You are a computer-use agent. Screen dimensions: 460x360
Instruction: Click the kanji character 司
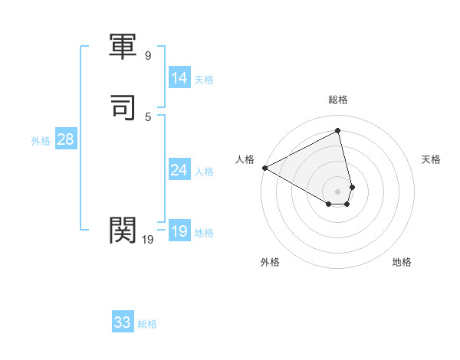coord(123,107)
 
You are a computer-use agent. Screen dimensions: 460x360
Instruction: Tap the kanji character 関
coord(123,228)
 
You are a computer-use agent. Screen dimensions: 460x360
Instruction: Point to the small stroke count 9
coord(148,56)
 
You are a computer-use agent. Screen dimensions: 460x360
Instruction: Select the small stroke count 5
coord(148,116)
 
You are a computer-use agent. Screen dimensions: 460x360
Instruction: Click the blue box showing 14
coord(179,78)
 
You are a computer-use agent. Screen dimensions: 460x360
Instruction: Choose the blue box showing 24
coord(179,170)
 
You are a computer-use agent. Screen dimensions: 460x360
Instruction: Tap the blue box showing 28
coord(65,139)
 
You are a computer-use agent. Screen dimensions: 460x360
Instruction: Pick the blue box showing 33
coord(123,322)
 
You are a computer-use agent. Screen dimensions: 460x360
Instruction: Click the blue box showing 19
coord(179,231)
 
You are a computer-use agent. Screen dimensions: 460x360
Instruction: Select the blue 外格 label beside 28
coord(40,141)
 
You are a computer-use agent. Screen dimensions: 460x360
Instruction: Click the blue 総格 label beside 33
coord(147,324)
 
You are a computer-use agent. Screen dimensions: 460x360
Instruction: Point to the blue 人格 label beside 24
coord(205,172)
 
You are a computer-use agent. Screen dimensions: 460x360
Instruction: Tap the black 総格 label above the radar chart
coord(338,100)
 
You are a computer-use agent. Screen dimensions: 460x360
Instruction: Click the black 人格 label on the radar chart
coord(245,159)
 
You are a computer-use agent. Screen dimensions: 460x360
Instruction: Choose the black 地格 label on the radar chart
coord(402,262)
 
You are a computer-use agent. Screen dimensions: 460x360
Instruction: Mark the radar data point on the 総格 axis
coord(338,131)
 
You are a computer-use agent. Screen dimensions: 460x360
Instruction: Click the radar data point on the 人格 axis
coord(264,167)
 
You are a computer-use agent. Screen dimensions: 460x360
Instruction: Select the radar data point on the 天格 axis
coord(352,187)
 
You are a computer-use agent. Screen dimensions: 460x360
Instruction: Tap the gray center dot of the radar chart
coord(338,191)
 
